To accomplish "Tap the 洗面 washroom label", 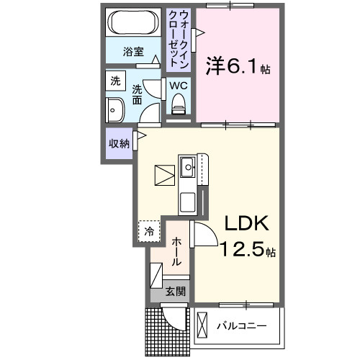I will [x=137, y=95].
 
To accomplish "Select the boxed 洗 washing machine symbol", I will [x=115, y=82].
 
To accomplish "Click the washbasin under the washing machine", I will [x=114, y=112].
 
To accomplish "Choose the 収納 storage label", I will [x=119, y=143].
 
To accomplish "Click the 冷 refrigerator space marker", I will [x=148, y=232].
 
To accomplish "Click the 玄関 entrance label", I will [x=175, y=292].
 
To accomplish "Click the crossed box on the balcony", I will [x=201, y=326].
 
